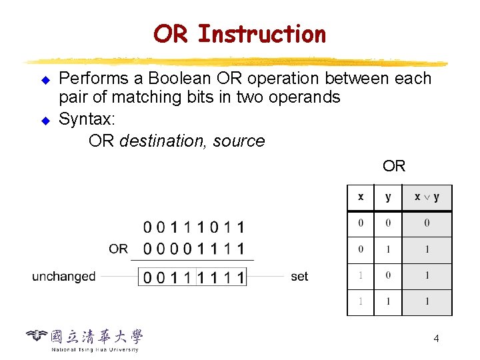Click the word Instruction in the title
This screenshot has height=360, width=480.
coord(262,33)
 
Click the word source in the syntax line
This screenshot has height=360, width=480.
coord(239,141)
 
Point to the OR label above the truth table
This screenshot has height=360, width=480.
coord(394,166)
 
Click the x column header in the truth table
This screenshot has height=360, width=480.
coord(361,197)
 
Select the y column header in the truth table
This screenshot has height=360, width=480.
coord(388,197)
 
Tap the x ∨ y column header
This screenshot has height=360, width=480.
coord(427,197)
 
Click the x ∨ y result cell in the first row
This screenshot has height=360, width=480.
coord(427,223)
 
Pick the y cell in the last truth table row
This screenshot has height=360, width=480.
coord(388,301)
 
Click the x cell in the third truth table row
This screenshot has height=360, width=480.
coord(361,275)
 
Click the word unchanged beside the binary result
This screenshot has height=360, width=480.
coord(64,276)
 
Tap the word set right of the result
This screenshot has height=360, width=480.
coord(299,276)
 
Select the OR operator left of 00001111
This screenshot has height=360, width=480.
coord(118,249)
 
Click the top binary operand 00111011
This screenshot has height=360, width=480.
coord(194,228)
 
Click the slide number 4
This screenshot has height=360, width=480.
coord(436,339)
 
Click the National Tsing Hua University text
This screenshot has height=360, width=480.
coord(95,349)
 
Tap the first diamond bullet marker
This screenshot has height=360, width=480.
coord(45,80)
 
